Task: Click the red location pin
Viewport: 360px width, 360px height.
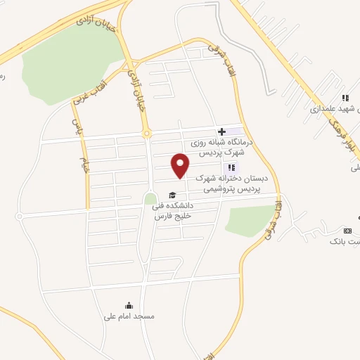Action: click(x=181, y=166)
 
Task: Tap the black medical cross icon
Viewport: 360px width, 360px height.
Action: click(x=221, y=131)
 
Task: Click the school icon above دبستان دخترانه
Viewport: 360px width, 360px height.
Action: click(x=231, y=167)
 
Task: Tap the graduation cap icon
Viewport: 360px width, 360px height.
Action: click(x=171, y=195)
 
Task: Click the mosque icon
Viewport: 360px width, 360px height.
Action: click(x=128, y=305)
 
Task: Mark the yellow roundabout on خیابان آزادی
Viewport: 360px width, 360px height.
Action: click(x=146, y=132)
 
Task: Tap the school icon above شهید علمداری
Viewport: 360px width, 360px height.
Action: click(x=345, y=98)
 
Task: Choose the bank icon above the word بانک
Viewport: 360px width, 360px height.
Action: click(x=347, y=231)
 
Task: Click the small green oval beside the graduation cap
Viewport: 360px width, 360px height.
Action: click(x=150, y=198)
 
